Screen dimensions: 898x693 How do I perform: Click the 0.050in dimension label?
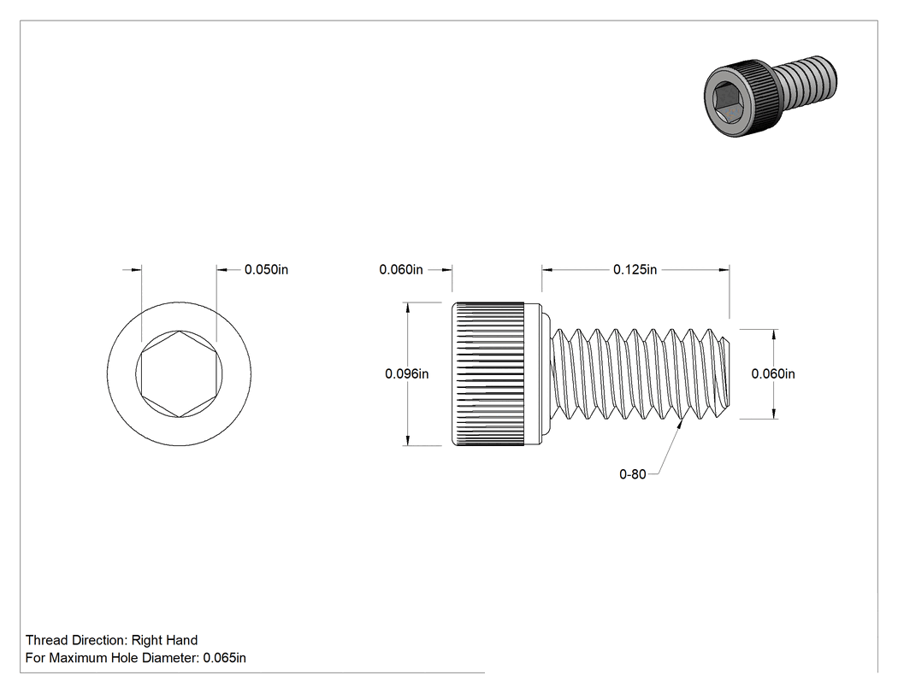266,269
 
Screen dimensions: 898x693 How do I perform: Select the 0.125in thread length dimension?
635,269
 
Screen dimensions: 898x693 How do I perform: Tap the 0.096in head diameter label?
406,374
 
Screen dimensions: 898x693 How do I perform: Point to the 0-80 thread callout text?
632,474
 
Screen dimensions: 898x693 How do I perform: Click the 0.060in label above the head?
401,269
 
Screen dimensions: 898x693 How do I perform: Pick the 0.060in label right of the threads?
773,374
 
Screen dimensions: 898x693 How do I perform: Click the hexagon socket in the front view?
180,374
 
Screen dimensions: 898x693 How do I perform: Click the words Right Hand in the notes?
164,640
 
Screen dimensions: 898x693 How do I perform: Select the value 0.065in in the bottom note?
224,658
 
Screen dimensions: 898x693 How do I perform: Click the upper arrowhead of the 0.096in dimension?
407,308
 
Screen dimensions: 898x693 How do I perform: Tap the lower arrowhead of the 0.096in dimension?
407,441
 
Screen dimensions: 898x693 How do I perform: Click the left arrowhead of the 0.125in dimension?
547,269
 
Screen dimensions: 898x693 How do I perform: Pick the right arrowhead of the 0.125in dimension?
724,269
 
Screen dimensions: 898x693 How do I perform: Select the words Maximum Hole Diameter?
124,658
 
